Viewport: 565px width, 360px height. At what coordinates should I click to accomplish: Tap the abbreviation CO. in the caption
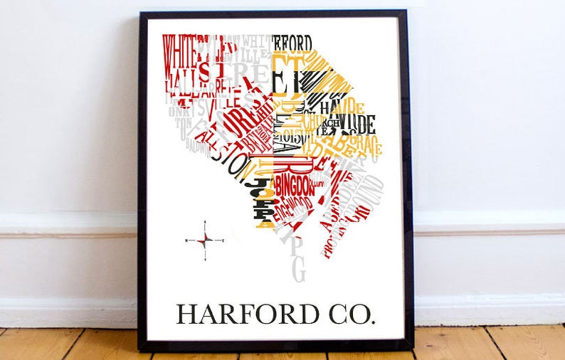pos(348,314)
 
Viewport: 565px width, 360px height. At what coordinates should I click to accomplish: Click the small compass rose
pos(205,240)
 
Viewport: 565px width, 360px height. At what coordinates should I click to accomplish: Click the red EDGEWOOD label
pos(292,207)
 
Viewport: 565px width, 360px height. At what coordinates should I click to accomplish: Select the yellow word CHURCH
pos(313,122)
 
